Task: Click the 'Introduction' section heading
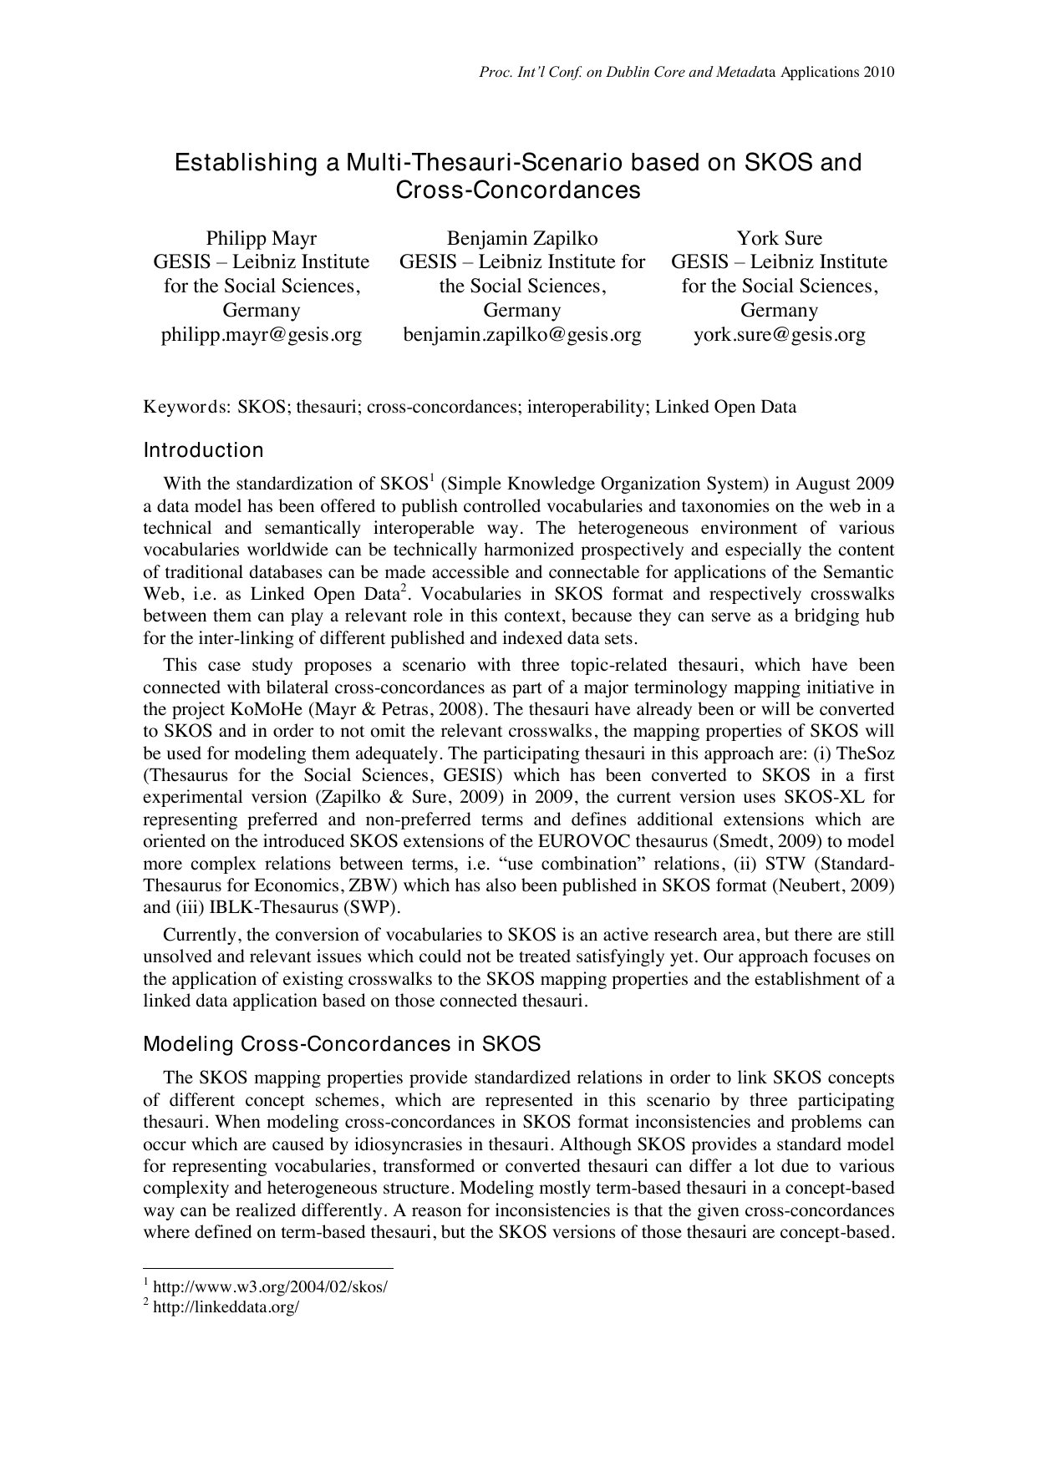tap(203, 450)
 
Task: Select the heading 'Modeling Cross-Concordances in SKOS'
tap(342, 1044)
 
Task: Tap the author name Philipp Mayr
tap(262, 238)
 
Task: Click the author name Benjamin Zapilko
tap(522, 238)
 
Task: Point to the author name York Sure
tap(779, 238)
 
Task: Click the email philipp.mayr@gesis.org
tap(262, 335)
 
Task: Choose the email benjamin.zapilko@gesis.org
tap(522, 335)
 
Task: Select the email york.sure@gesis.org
tap(779, 335)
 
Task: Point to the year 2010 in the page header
tap(878, 72)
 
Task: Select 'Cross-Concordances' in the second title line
tap(518, 190)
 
